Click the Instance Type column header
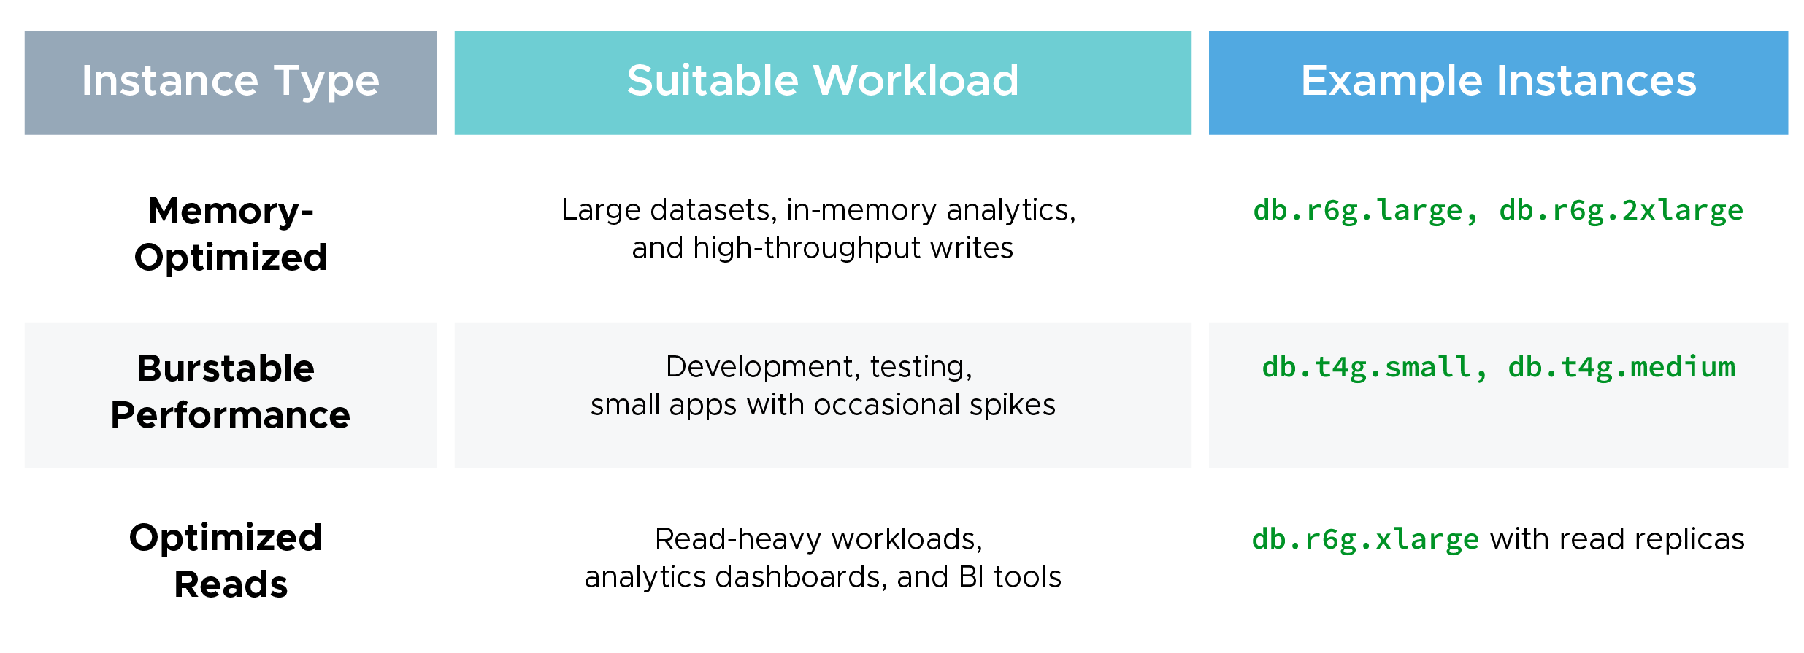[231, 82]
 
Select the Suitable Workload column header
[823, 82]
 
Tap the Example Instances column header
[1498, 82]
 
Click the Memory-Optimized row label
[231, 233]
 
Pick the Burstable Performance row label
[231, 392]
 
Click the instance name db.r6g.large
[1359, 211]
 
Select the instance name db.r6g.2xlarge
[1621, 211]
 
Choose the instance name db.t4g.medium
[1621, 368]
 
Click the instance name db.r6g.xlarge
[1365, 540]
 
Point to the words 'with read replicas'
[1617, 540]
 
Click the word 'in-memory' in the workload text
[861, 211]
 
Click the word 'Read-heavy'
[738, 540]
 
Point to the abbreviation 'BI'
[971, 578]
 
